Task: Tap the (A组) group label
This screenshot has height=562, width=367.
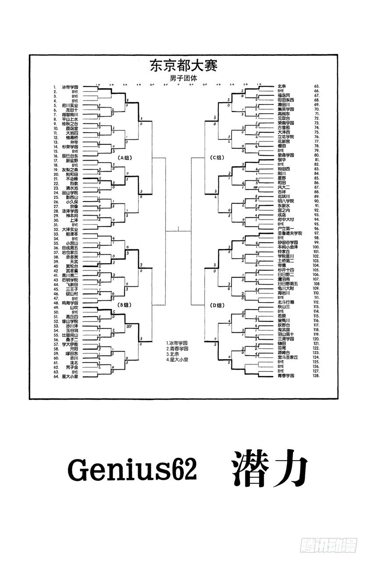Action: (125, 157)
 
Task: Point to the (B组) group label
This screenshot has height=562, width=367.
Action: (125, 304)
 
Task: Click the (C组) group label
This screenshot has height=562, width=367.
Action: (217, 157)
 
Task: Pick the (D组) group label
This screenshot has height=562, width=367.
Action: (217, 304)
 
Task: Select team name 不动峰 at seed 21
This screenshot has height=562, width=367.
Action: (71, 179)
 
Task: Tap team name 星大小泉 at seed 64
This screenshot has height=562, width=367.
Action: (70, 376)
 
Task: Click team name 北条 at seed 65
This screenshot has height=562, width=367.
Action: (281, 86)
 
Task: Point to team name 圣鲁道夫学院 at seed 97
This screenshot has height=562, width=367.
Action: (290, 233)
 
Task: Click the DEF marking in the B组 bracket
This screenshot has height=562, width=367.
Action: (129, 327)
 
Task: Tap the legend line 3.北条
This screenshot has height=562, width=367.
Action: (174, 354)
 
